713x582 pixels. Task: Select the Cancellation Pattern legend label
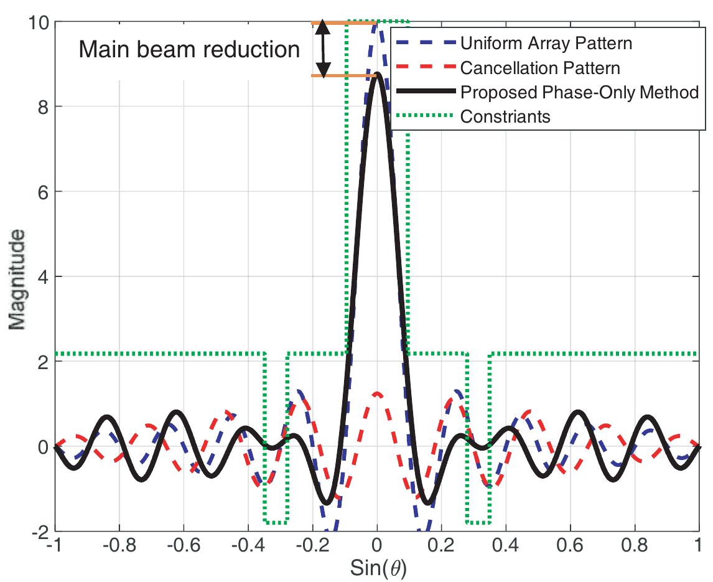click(540, 68)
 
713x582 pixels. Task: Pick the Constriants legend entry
click(505, 116)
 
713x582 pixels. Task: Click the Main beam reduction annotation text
click(189, 49)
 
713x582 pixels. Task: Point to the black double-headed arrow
click(322, 50)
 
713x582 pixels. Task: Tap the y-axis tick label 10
click(39, 22)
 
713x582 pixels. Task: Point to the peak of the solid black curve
click(376, 76)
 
